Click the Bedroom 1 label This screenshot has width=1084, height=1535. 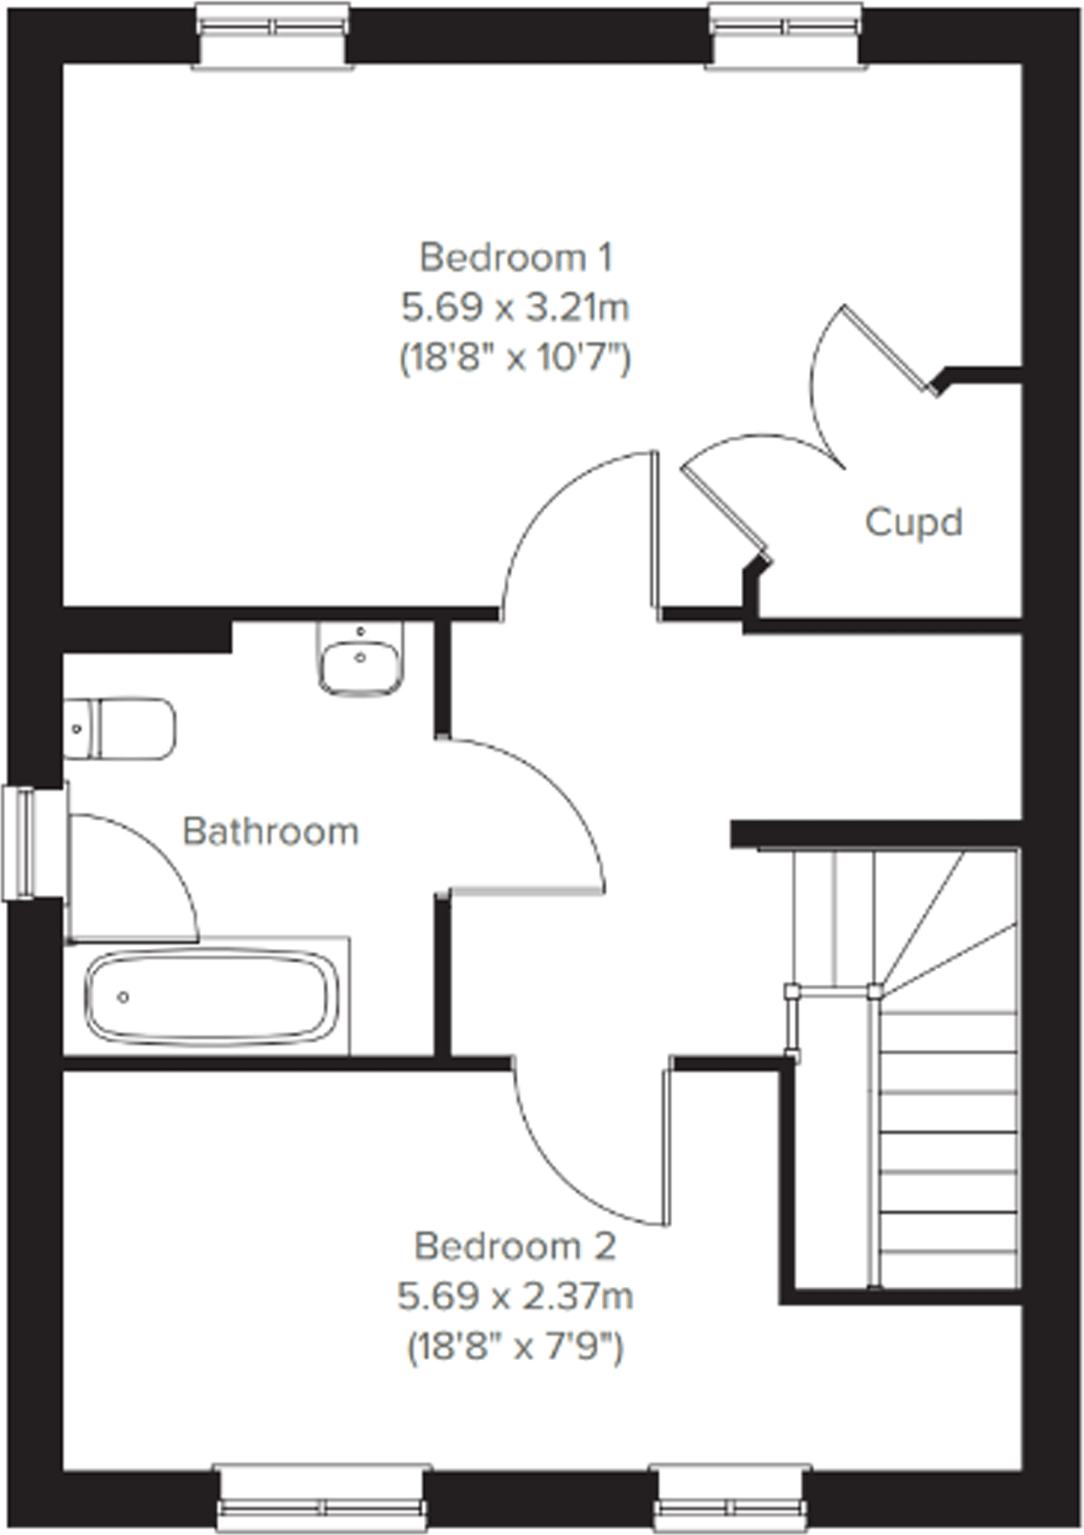pyautogui.click(x=516, y=258)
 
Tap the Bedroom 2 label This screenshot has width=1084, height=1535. pyautogui.click(x=515, y=1247)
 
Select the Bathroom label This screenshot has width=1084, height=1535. pyautogui.click(x=271, y=831)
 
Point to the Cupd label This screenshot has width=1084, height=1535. pyautogui.click(x=913, y=522)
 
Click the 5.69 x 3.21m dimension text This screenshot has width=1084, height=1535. pyautogui.click(x=515, y=307)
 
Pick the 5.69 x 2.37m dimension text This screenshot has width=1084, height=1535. pyautogui.click(x=515, y=1297)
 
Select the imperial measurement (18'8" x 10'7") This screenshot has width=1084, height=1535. pyautogui.click(x=515, y=358)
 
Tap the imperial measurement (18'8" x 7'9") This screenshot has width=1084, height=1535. pyautogui.click(x=515, y=1348)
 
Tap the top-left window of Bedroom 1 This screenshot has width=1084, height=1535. pyautogui.click(x=273, y=33)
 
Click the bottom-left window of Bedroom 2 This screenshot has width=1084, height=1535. pyautogui.click(x=323, y=1500)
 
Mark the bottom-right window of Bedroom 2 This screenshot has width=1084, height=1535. pyautogui.click(x=732, y=1500)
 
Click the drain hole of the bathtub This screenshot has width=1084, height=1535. pyautogui.click(x=124, y=997)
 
